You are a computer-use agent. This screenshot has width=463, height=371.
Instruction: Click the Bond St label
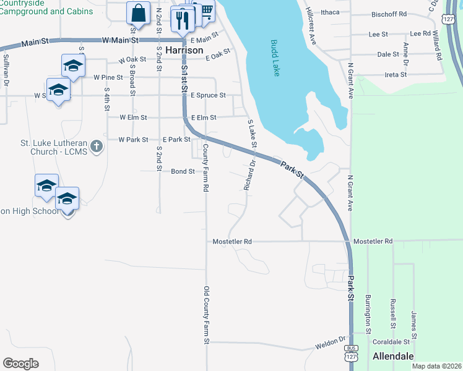click(183, 171)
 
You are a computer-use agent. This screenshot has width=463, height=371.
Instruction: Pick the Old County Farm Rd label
click(207, 315)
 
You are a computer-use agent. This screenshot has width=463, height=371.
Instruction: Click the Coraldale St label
click(390, 341)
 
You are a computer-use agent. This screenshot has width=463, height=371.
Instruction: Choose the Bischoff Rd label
click(389, 14)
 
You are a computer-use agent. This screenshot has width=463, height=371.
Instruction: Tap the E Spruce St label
click(208, 96)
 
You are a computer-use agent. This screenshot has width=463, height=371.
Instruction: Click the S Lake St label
click(252, 134)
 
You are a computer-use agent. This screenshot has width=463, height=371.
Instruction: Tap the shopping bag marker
click(138, 13)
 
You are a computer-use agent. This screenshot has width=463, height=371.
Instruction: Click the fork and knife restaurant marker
click(183, 19)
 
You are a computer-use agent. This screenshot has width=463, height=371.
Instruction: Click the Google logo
click(21, 364)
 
